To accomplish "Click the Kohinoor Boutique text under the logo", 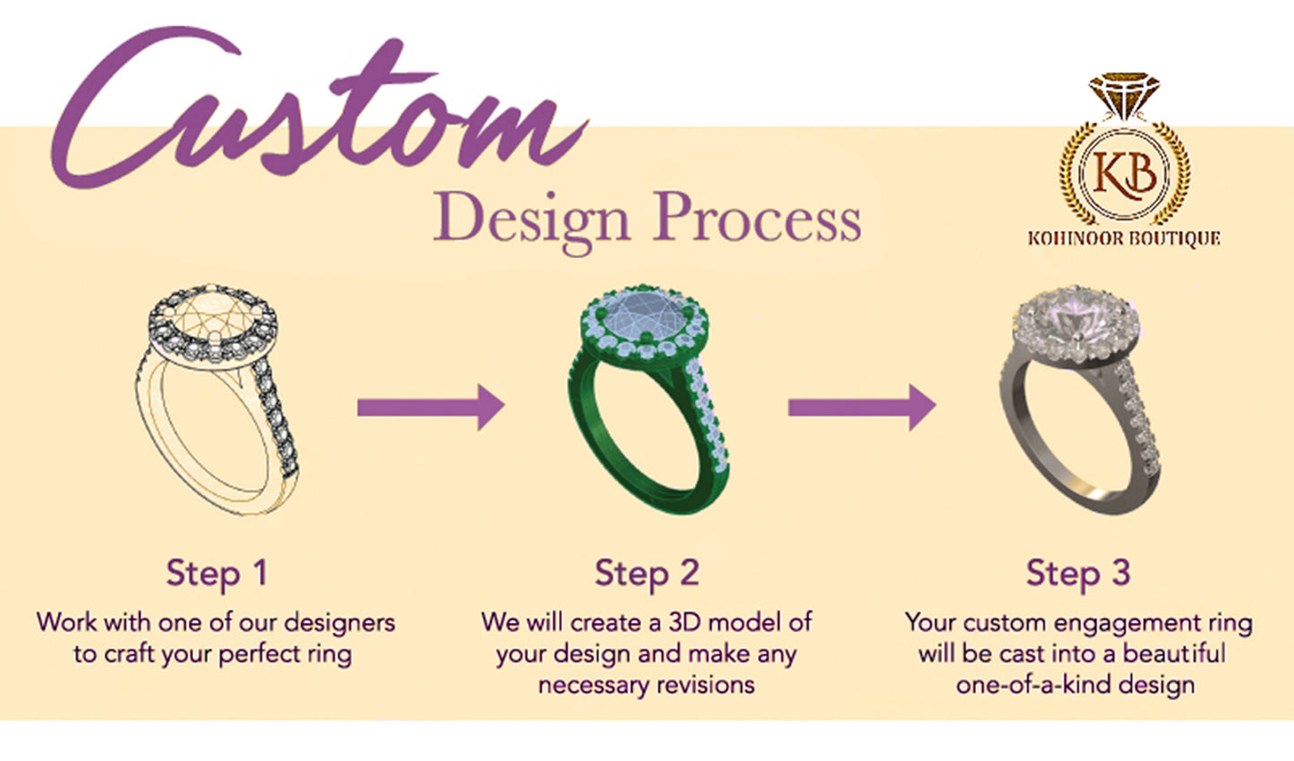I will (x=1124, y=238).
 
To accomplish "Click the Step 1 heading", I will (x=217, y=573).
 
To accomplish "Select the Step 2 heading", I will (x=647, y=573).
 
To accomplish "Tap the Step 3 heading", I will (x=1077, y=573).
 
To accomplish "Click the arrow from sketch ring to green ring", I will (x=431, y=408).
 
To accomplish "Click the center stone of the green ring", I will (x=643, y=317).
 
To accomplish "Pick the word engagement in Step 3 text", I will (x=1131, y=622).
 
